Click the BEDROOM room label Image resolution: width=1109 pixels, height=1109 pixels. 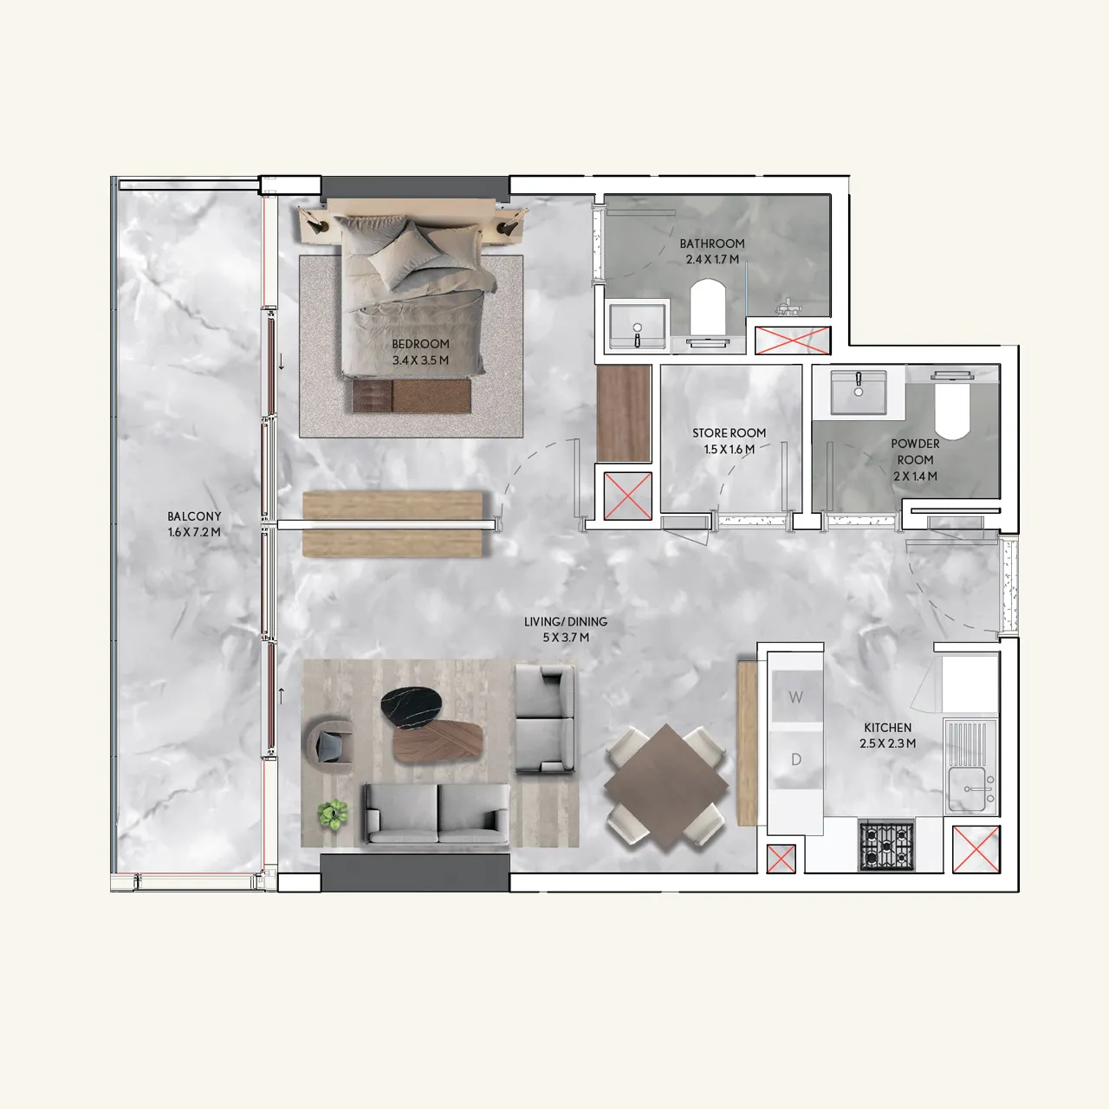coord(420,344)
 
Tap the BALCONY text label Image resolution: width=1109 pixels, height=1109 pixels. coord(194,516)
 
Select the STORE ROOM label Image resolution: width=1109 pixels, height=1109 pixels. coord(729,433)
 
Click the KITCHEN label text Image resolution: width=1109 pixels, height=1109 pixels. coord(887,728)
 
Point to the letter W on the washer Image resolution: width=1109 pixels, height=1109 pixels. coord(795,697)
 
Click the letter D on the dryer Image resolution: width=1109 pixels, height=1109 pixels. coord(795,760)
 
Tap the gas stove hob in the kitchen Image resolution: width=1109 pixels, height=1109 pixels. coord(885,845)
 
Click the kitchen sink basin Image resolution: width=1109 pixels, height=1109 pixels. coord(971,789)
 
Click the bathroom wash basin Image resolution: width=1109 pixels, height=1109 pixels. coord(638,327)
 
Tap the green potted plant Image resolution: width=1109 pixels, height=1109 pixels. coord(333,814)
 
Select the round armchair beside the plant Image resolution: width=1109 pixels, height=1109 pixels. coord(331,744)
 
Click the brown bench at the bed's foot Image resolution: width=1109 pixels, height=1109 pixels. coord(411,396)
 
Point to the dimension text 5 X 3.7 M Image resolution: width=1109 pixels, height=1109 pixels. coord(566,638)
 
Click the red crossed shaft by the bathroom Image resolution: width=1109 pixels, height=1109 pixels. coord(793,340)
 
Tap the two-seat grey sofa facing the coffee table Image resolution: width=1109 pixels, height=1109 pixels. coord(437,814)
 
